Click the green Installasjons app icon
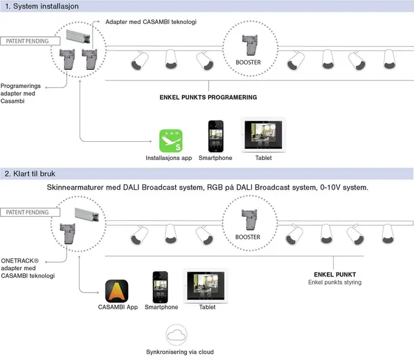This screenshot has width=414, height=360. click(x=171, y=141)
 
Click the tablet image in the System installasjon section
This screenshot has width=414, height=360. click(x=263, y=135)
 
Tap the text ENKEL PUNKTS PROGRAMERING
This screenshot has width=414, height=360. click(x=208, y=97)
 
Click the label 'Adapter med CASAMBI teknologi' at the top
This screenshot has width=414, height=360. click(x=151, y=22)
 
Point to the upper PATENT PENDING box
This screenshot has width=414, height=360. click(x=27, y=41)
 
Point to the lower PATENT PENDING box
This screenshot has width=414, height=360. click(x=27, y=212)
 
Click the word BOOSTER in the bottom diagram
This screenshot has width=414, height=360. click(x=248, y=237)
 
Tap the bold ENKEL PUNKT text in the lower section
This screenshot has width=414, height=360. click(x=332, y=275)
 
